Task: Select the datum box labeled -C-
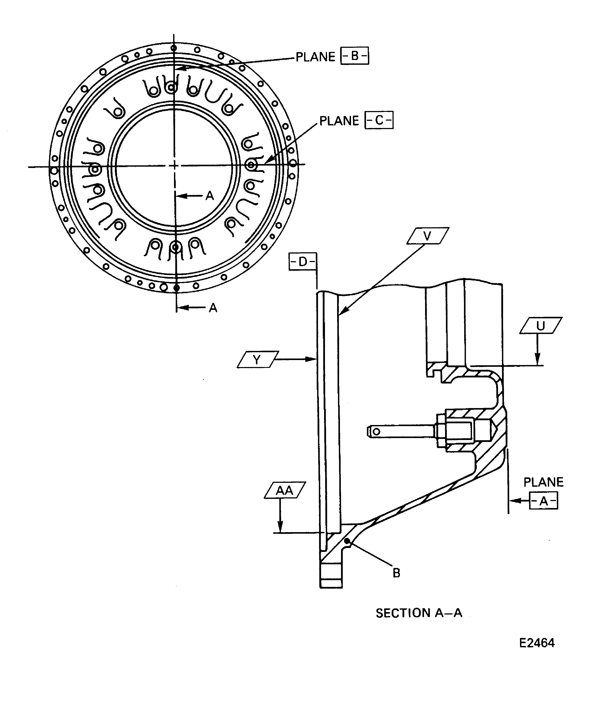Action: [x=379, y=120]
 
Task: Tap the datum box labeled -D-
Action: [x=302, y=262]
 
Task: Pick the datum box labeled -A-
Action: [x=543, y=501]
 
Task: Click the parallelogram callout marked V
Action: [x=428, y=236]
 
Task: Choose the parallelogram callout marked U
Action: [x=540, y=325]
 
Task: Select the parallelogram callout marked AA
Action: [x=285, y=490]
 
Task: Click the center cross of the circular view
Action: [x=174, y=165]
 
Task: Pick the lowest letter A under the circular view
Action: [x=213, y=308]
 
